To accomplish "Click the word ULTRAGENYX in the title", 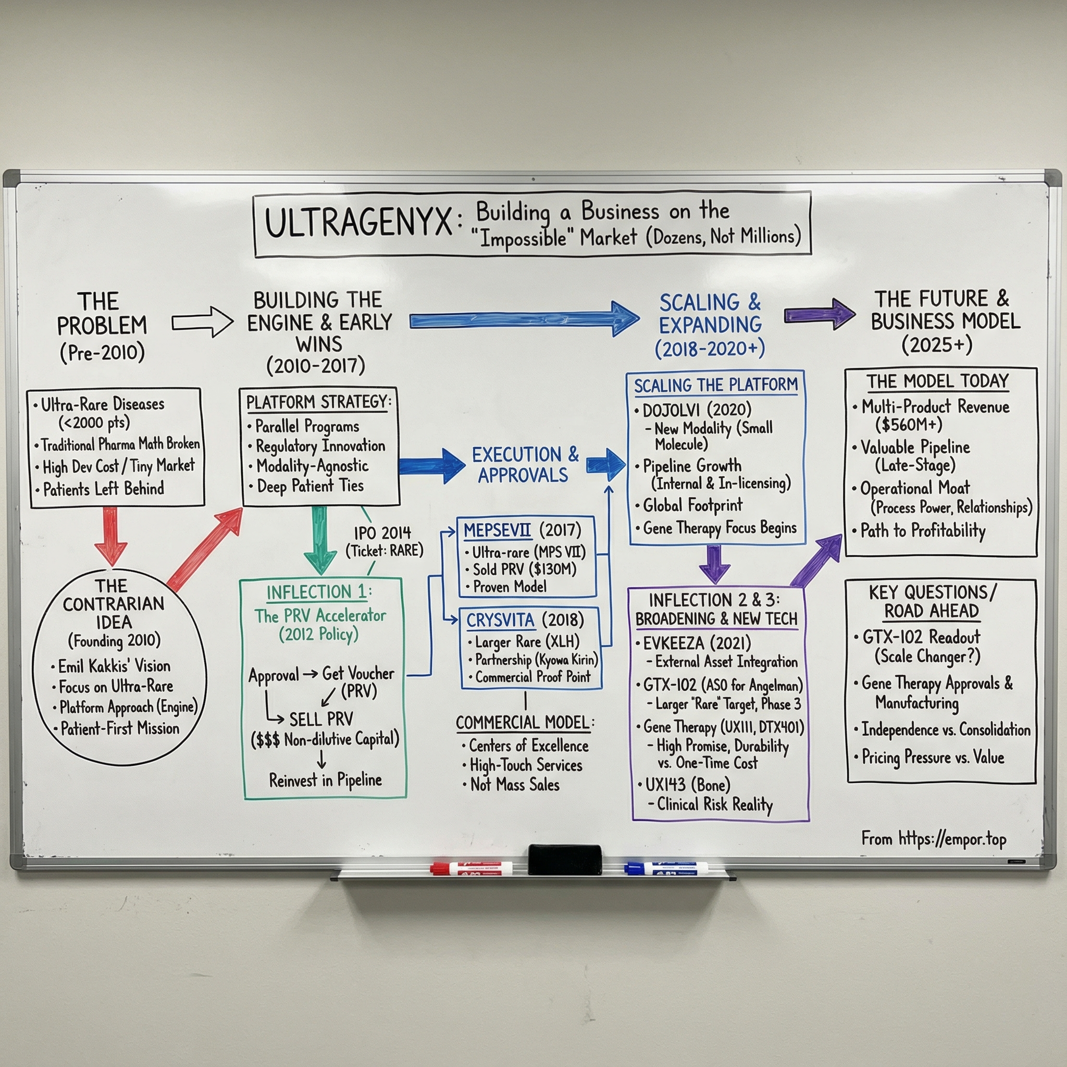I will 359,223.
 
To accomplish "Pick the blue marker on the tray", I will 666,868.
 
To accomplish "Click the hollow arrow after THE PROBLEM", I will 202,322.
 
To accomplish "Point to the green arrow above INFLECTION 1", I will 320,540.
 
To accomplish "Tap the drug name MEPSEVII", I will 497,530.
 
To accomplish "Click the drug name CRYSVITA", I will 500,620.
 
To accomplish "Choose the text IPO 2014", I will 382,532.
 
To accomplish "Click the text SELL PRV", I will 321,718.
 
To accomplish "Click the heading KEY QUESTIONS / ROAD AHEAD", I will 932,601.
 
